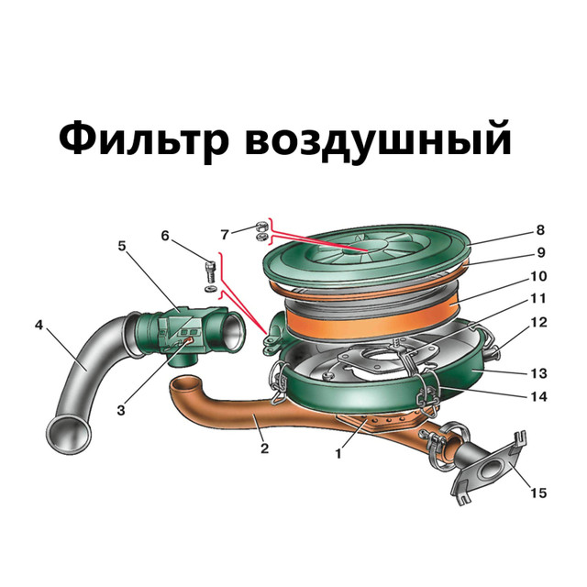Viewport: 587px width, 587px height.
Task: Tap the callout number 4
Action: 39,326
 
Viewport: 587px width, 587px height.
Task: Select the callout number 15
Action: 538,493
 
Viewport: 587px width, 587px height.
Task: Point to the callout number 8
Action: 540,230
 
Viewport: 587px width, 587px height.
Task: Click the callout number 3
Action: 121,410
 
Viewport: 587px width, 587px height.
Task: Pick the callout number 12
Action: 539,322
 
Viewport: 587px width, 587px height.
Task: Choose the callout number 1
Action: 338,454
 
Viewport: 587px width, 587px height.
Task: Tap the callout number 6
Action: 165,236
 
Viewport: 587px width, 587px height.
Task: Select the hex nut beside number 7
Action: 260,227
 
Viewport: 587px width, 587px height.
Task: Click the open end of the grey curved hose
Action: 69,434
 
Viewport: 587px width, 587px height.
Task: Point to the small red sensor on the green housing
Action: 187,340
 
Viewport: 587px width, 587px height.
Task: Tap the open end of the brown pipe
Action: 186,385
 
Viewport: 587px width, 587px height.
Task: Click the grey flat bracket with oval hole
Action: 489,468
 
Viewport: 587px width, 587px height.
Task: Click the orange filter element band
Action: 371,318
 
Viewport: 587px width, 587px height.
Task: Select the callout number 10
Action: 538,276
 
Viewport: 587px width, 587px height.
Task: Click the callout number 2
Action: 265,449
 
